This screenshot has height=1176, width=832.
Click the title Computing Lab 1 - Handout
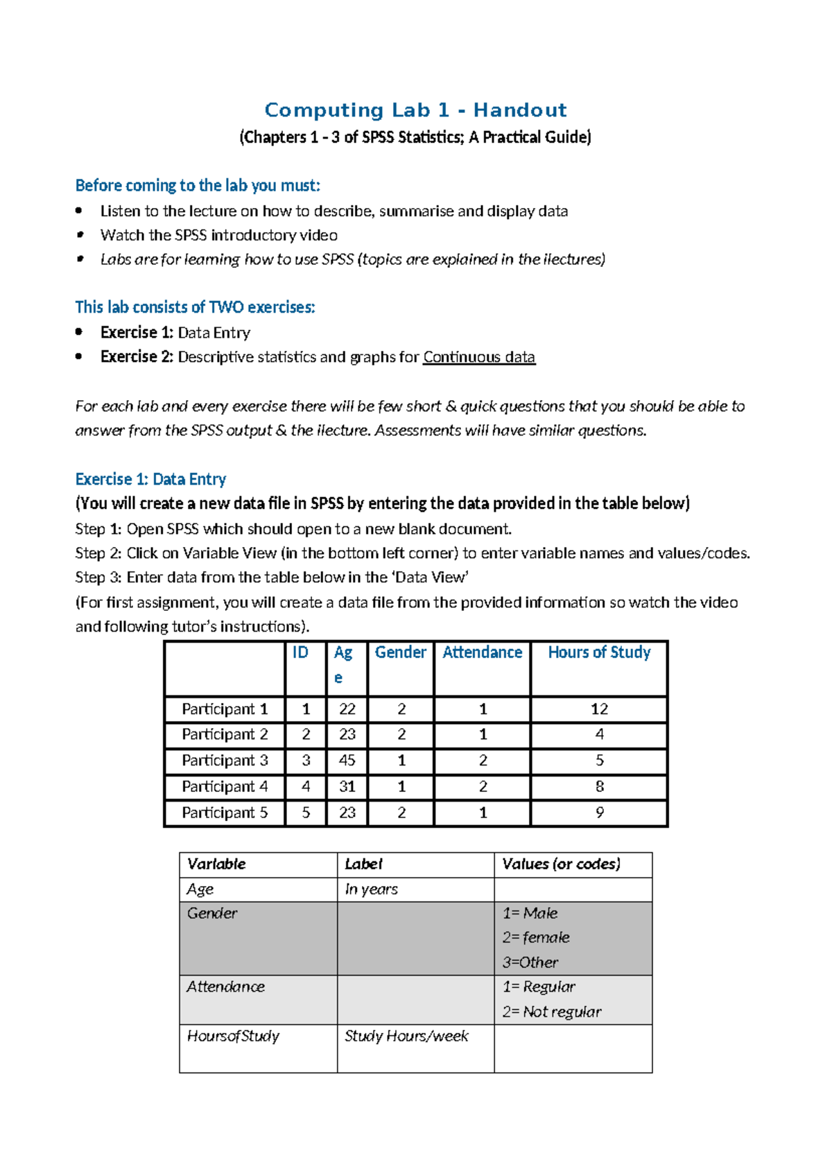(x=415, y=110)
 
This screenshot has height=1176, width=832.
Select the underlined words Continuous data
(x=479, y=357)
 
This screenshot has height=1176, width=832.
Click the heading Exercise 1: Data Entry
(x=150, y=479)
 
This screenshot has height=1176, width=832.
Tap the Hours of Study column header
(x=599, y=652)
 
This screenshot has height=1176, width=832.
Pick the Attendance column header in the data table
(x=482, y=652)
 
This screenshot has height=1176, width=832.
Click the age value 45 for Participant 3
(x=347, y=761)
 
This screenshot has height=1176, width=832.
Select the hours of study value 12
(x=599, y=709)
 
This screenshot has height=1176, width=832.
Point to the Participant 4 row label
(x=225, y=787)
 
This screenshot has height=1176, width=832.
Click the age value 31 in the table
(x=347, y=787)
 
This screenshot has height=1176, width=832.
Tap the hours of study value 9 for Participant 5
(x=599, y=813)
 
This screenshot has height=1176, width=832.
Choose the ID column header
(x=300, y=652)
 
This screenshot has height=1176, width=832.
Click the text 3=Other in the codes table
(x=530, y=962)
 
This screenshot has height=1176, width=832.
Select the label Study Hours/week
(x=406, y=1036)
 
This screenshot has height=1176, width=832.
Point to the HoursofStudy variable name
(x=233, y=1036)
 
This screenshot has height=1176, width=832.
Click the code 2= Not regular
(x=552, y=1012)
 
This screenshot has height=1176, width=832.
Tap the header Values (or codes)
(x=561, y=864)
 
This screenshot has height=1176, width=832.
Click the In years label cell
(x=372, y=889)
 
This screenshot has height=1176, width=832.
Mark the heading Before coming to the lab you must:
(x=198, y=186)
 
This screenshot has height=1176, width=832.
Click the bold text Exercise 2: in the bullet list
(x=137, y=357)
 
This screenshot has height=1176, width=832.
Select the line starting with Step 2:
(x=413, y=553)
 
